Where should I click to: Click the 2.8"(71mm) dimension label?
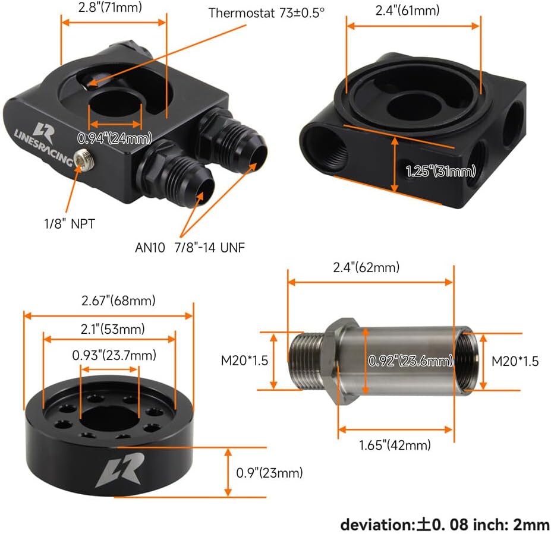point(110,7)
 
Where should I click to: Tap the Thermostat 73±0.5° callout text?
point(266,13)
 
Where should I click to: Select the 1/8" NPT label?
point(69,224)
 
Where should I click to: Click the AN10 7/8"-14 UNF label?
point(190,248)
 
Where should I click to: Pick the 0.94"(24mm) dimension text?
point(115,138)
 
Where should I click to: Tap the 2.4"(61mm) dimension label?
point(407,10)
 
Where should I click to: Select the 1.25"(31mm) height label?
point(440,171)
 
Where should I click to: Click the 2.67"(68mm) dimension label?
point(118,301)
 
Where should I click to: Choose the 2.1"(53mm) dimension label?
point(113,329)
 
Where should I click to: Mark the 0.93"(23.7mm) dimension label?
point(114,355)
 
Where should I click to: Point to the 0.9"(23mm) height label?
point(269,473)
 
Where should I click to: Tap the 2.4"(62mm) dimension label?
point(366,267)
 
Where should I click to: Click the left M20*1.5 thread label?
point(244,361)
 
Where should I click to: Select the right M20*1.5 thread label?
point(515,361)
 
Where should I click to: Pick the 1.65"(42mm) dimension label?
point(395,445)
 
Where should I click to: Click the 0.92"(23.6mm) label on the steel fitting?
point(411,361)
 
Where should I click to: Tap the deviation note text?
point(445,525)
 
